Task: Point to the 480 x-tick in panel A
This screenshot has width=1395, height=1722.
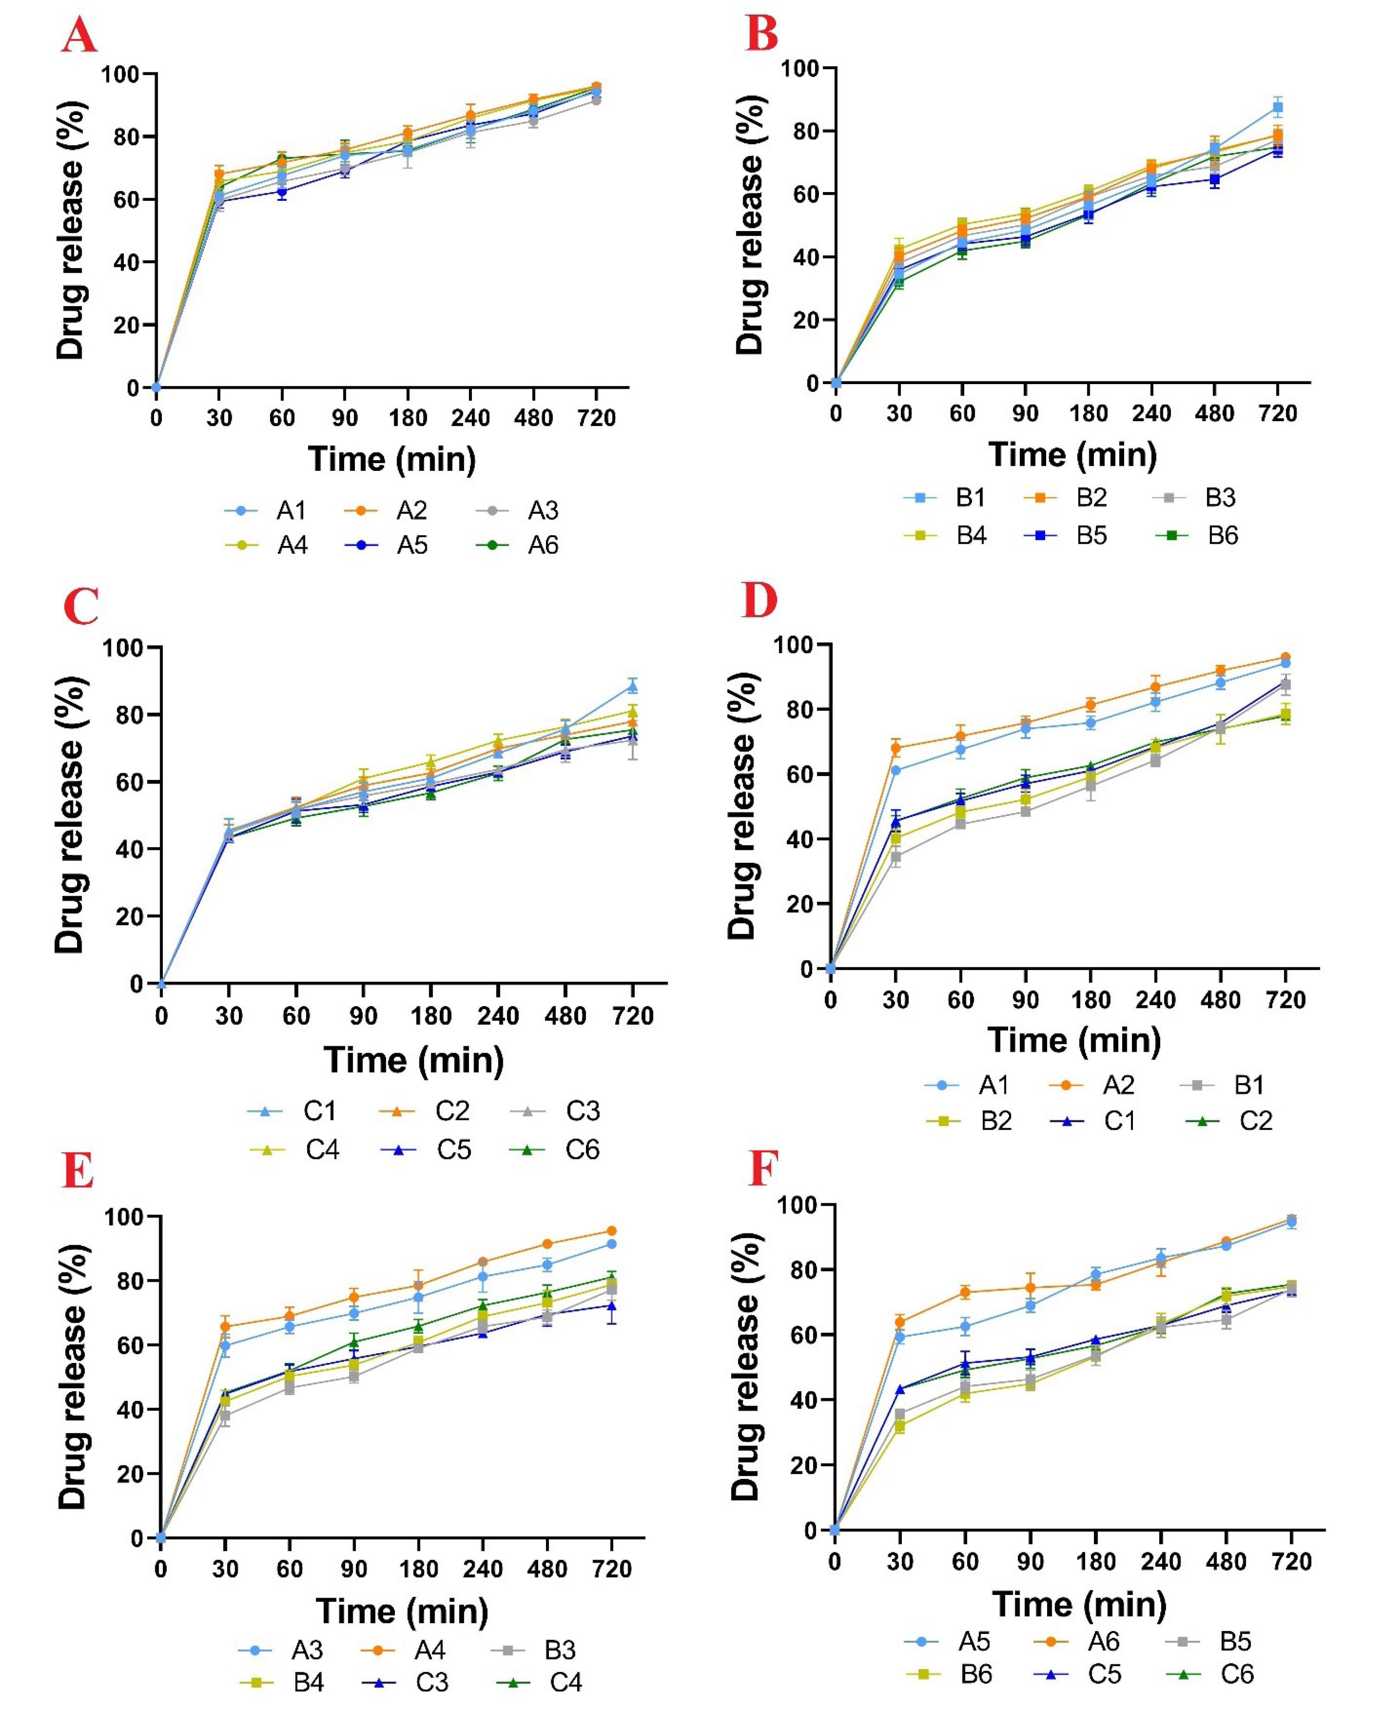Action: [534, 418]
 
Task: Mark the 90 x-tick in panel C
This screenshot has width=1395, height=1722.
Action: [363, 1016]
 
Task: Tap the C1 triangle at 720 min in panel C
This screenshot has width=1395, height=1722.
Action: [632, 686]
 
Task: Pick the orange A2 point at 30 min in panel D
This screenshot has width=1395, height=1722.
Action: [896, 748]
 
